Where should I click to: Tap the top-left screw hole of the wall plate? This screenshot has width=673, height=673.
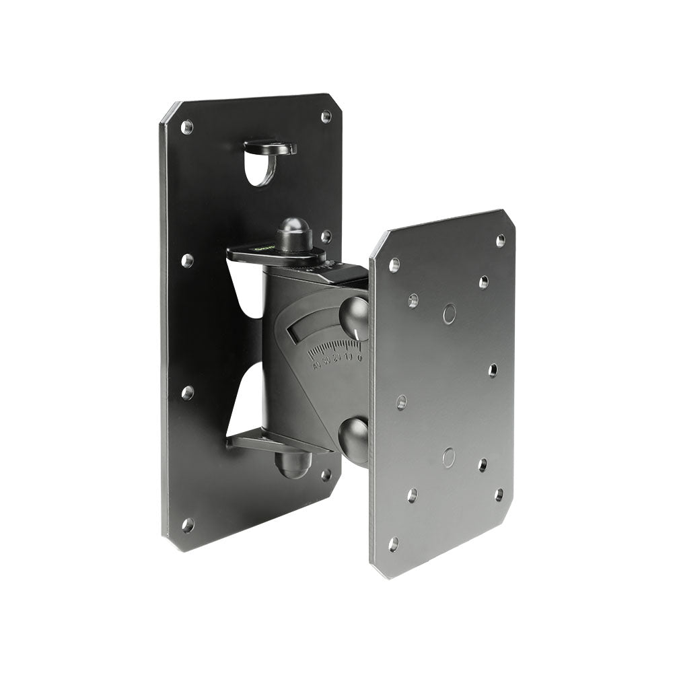coord(187,127)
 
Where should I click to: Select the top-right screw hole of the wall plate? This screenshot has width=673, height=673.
coord(326,116)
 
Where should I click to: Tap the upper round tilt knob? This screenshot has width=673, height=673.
coord(355,318)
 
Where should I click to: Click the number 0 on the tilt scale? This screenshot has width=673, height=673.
coord(359,358)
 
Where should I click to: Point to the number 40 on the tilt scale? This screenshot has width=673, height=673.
coord(316,367)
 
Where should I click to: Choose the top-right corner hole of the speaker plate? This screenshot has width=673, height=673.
coord(500,240)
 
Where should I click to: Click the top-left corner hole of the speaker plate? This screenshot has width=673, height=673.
coord(394,265)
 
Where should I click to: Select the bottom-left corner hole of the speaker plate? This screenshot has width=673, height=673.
coord(393,543)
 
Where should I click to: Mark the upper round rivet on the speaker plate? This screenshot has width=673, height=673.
coord(449,313)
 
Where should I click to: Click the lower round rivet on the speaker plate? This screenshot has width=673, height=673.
coord(448,458)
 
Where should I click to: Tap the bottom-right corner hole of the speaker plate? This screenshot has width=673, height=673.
coord(499,495)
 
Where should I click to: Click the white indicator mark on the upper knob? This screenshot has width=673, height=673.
coord(351,334)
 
